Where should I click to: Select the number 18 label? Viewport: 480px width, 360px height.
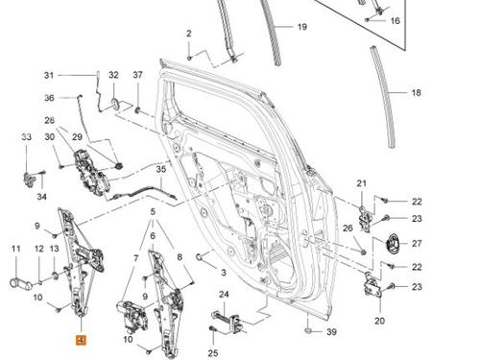coord(416,93)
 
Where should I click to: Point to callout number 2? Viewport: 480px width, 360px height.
coord(189,35)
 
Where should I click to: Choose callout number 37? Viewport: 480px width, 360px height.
coord(137,74)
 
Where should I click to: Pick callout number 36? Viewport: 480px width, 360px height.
coord(49,98)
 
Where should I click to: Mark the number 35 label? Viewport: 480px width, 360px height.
coord(160,169)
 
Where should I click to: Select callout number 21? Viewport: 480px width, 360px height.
coord(361,182)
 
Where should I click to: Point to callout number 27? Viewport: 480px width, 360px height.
coord(417,243)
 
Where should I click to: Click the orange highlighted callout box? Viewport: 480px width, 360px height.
coord(81,339)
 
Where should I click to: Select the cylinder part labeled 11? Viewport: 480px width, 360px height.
coord(17,283)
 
